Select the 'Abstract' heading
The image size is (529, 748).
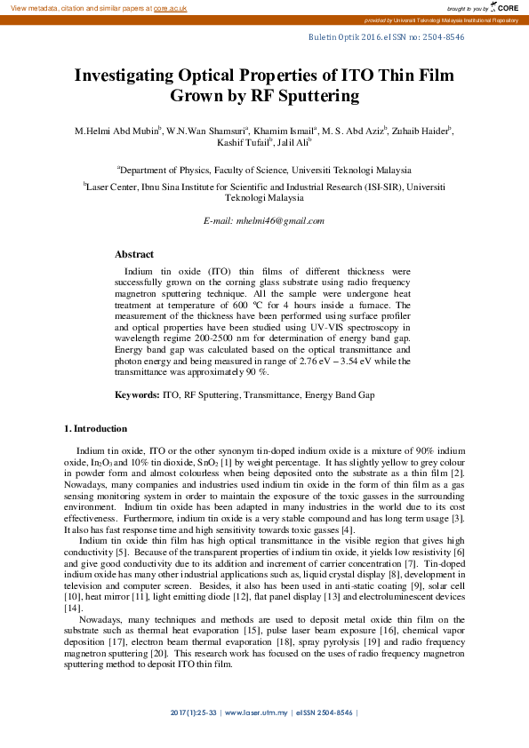tap(134, 254)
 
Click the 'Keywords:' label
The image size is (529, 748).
tap(138, 394)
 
